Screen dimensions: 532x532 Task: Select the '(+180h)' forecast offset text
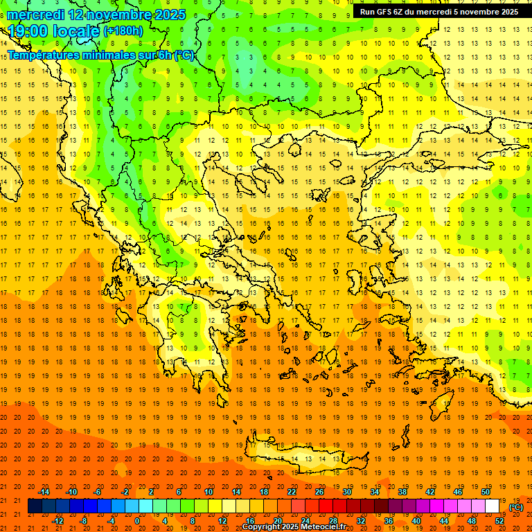click(x=123, y=31)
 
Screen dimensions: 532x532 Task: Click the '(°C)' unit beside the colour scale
click(x=516, y=507)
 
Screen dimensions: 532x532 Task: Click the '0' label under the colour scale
click(x=136, y=520)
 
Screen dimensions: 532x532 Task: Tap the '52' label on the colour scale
click(x=499, y=520)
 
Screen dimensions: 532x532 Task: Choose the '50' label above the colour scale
click(x=485, y=492)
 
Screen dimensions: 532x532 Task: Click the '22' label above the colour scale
click(x=292, y=492)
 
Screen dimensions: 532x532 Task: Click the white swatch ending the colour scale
click(x=492, y=506)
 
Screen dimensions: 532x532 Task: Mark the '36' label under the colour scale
click(x=389, y=520)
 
